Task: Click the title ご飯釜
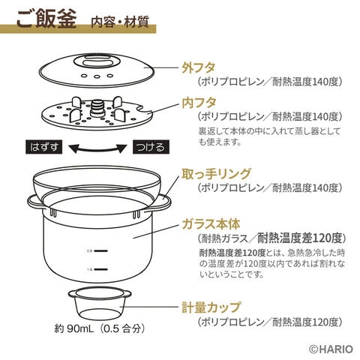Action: click(46, 19)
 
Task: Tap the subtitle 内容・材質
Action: click(120, 22)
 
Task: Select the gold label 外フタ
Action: click(199, 67)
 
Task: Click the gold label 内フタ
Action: click(199, 103)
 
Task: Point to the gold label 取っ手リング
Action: click(216, 174)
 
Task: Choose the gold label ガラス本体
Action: click(211, 224)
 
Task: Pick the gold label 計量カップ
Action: click(211, 307)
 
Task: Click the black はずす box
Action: click(44, 147)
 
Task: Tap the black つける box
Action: click(151, 147)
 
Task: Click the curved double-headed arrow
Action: click(97, 150)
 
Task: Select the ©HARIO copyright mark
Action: click(331, 349)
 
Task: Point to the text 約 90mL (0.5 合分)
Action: click(100, 328)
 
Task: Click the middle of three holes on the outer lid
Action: click(97, 76)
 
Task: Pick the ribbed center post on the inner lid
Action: click(97, 109)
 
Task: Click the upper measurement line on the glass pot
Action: click(101, 250)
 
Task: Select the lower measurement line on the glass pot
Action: click(101, 269)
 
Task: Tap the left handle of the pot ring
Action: click(35, 203)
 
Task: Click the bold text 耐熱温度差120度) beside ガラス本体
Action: click(301, 238)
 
